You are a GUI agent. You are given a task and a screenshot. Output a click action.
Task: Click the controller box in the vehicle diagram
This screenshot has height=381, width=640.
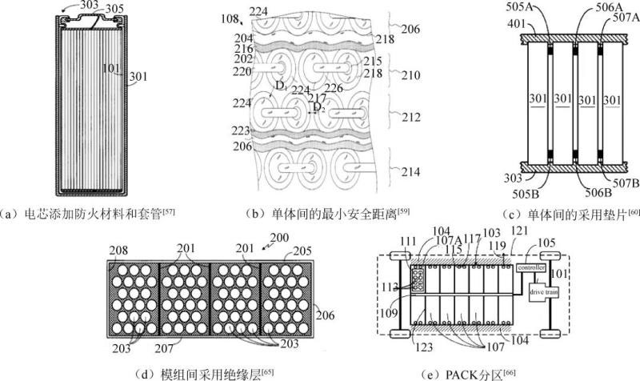pyautogui.click(x=532, y=266)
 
